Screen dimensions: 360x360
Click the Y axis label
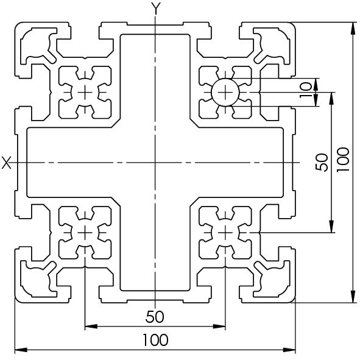tap(156, 9)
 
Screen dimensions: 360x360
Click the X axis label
tap(7, 163)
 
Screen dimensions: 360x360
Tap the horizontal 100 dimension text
tap(155, 340)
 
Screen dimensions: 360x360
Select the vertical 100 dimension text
tap(343, 160)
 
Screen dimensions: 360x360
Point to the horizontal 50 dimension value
tap(155, 317)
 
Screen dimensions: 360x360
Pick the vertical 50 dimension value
tap(322, 162)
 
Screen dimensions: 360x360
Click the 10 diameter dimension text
tap(306, 90)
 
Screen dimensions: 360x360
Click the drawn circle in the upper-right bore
tap(225, 79)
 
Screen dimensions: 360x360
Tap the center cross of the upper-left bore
tap(85, 93)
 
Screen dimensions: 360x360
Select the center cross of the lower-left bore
tap(85, 233)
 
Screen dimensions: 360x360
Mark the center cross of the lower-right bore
tap(225, 233)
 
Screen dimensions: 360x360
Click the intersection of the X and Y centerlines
tap(155, 163)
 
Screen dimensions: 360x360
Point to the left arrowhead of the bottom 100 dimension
tap(21, 350)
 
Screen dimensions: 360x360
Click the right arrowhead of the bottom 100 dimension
tap(289, 350)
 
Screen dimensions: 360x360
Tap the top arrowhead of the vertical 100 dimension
tap(353, 29)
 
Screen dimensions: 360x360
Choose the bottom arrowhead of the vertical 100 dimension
tap(353, 297)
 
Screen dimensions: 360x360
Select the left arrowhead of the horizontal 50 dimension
tap(91, 326)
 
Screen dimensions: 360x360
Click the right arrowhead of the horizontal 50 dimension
tap(219, 326)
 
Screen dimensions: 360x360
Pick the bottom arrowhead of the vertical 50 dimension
tap(331, 227)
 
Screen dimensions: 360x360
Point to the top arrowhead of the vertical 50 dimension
tap(331, 99)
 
